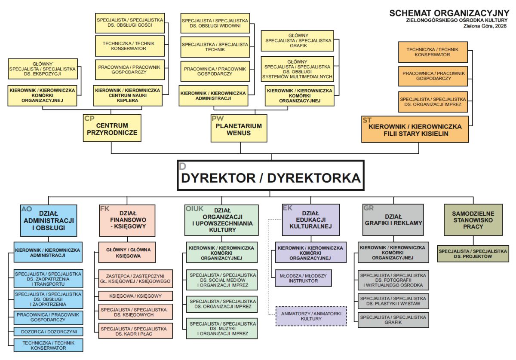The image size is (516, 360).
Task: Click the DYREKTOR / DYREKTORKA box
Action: [271, 175]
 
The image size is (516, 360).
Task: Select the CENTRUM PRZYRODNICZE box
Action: [112, 128]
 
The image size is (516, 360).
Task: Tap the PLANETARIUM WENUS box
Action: [238, 128]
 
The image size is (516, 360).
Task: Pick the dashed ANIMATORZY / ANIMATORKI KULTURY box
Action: [311, 316]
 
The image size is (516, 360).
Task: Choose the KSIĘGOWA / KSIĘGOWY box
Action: [135, 296]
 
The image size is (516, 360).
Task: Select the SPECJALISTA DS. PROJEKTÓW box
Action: [473, 253]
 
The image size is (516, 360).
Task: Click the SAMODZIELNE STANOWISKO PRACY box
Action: [473, 220]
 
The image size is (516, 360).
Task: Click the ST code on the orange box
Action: [367, 120]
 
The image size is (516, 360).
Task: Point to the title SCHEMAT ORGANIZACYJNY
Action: [449, 13]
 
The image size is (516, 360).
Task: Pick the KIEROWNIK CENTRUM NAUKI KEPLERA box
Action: [128, 95]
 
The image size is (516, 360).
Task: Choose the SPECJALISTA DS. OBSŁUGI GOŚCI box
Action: [129, 22]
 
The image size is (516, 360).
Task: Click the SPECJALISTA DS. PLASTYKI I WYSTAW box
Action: [393, 301]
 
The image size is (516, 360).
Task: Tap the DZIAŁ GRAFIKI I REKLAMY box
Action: [393, 220]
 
